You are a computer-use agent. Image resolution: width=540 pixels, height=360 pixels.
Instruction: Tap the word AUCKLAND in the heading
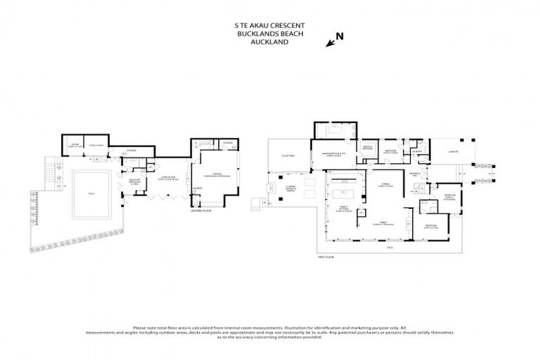coord(270,41)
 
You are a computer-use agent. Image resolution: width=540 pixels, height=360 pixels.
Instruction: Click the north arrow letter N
coord(340,37)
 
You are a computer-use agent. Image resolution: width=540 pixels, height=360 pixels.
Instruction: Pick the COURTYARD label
coord(288,155)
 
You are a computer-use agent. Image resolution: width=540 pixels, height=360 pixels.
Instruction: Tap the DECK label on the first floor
coord(389,247)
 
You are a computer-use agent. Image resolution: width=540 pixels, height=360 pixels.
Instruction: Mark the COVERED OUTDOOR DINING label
coord(289,189)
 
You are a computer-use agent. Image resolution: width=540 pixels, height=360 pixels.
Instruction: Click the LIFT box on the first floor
coord(361,212)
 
